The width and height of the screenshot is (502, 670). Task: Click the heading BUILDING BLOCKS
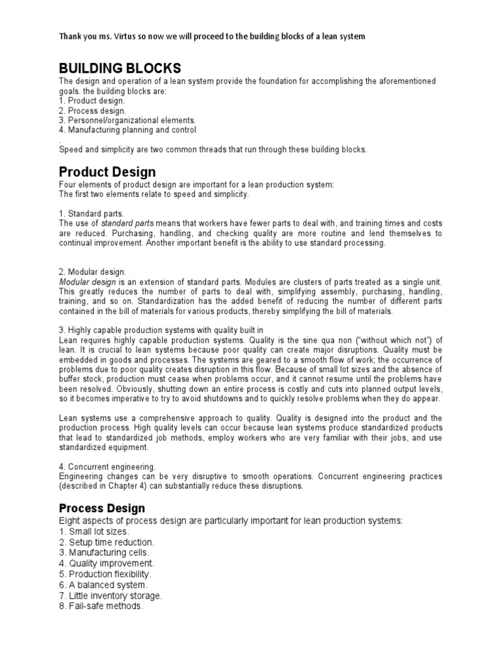click(120, 69)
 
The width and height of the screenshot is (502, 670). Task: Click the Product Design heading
click(107, 172)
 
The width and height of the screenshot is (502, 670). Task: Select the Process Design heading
click(102, 508)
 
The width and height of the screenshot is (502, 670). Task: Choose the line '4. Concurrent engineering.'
click(107, 467)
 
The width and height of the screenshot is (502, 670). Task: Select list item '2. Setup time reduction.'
click(107, 542)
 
